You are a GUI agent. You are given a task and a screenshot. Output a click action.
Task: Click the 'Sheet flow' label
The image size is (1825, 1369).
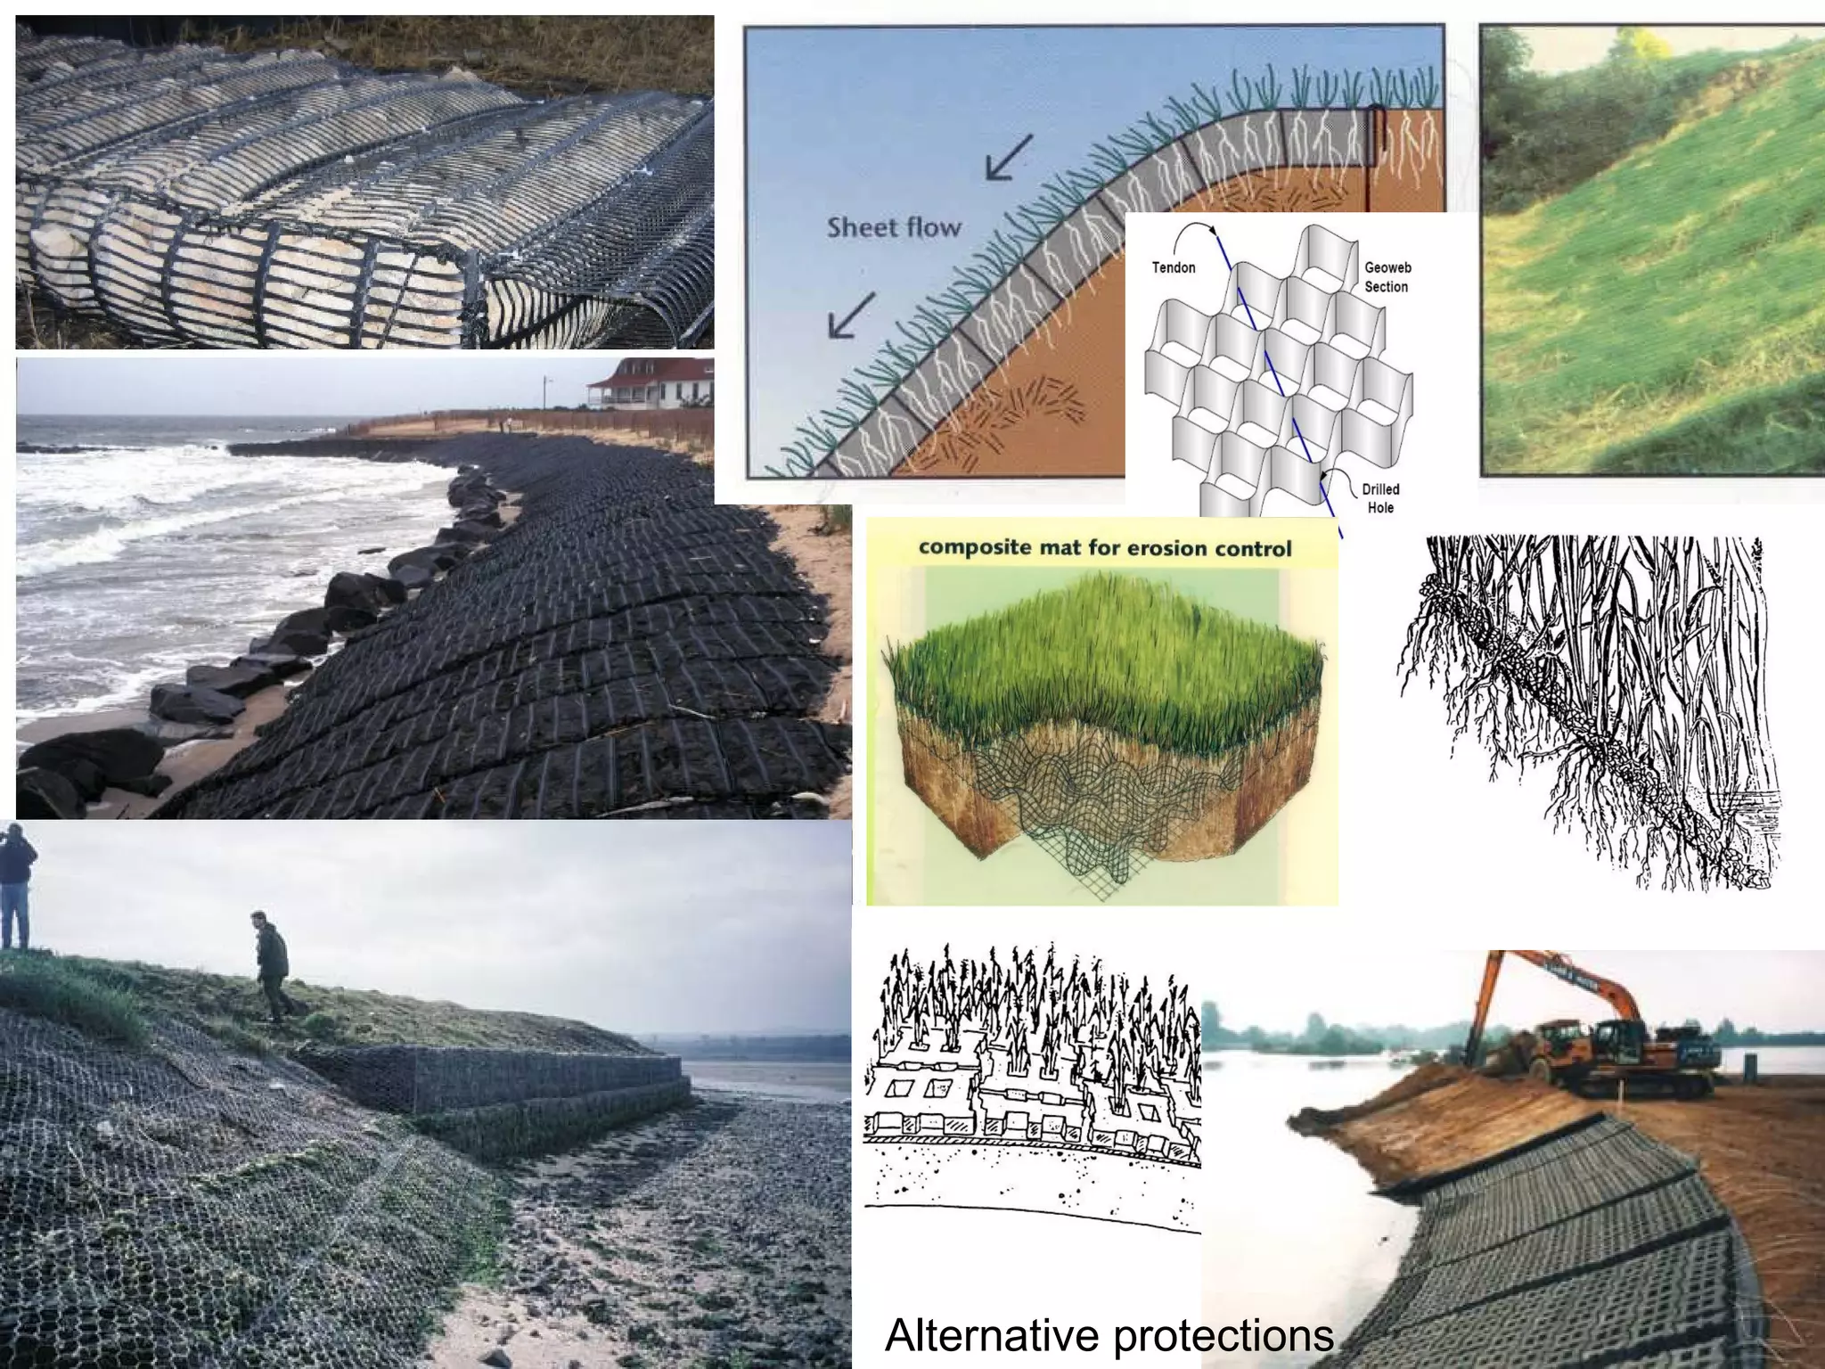tap(894, 227)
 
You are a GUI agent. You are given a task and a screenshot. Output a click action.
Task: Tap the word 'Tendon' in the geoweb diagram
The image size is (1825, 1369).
tap(1174, 267)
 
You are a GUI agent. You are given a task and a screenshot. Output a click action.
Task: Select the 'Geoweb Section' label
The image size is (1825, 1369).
tap(1387, 277)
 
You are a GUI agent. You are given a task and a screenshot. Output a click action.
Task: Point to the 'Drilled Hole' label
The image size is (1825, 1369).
tap(1380, 498)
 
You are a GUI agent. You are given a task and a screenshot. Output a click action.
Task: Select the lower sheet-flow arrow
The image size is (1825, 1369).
tap(851, 316)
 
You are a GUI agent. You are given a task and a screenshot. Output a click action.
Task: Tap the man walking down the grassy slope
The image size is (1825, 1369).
tap(272, 965)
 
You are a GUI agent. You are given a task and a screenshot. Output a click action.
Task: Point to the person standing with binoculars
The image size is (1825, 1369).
tap(15, 887)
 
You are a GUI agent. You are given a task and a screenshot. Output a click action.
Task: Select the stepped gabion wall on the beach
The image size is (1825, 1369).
tap(499, 1096)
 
